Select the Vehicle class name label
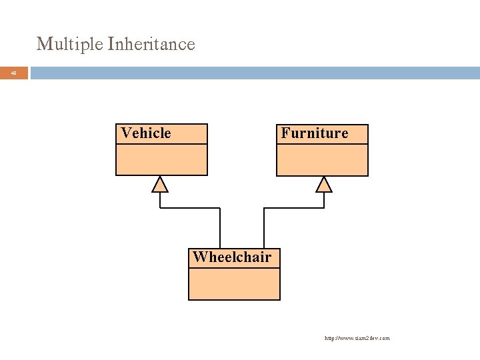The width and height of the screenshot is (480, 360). tap(146, 133)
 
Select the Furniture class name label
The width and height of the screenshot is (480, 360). tap(315, 133)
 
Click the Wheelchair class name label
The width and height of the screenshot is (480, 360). tap(232, 257)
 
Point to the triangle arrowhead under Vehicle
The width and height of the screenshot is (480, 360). tap(160, 184)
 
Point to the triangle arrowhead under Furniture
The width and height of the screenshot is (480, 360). tap(323, 184)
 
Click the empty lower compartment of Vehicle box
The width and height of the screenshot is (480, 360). tap(161, 160)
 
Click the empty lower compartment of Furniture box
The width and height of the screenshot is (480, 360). tap(322, 160)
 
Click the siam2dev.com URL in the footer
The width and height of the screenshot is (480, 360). tap(357, 338)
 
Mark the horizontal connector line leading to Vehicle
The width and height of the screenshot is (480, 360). tap(190, 208)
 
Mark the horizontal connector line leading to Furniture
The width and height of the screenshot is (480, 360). tap(294, 208)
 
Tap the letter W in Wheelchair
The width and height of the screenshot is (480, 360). tap(199, 257)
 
